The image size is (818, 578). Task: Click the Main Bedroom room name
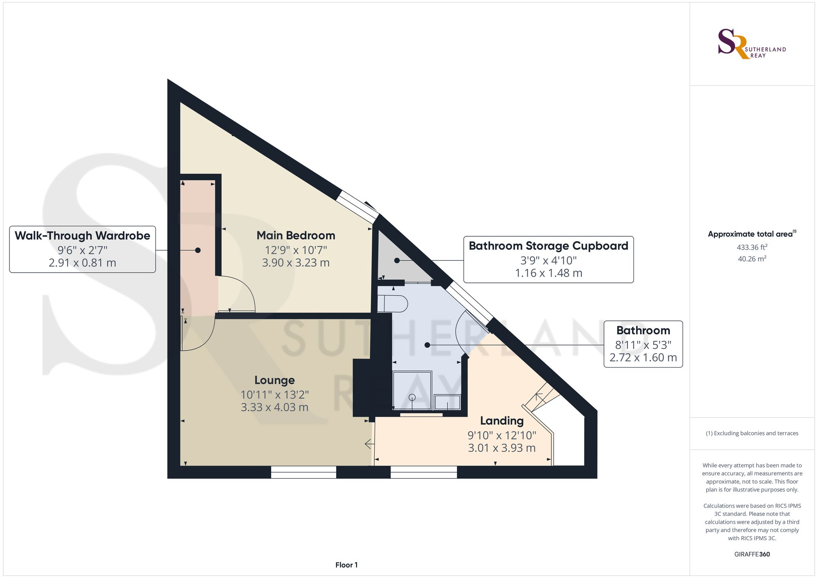click(296, 235)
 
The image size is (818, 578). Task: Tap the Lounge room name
click(274, 380)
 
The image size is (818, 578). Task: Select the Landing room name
click(502, 421)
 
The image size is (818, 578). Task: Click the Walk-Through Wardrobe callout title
click(82, 236)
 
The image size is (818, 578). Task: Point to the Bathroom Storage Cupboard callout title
click(548, 246)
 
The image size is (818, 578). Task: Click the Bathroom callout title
click(643, 330)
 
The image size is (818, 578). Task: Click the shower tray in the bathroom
click(412, 390)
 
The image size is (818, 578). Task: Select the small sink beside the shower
click(447, 402)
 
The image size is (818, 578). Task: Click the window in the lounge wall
click(303, 472)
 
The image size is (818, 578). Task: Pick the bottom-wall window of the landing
click(424, 472)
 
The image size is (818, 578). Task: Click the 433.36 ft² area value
click(752, 247)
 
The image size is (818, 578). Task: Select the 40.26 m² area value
click(752, 259)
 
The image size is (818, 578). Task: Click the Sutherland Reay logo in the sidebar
click(752, 44)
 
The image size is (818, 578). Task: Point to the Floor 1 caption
click(346, 565)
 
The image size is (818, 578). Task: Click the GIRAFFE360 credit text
click(752, 554)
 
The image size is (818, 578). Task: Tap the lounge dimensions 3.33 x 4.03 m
click(274, 407)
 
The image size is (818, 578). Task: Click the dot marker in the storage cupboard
click(397, 260)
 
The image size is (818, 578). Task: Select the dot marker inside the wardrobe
click(198, 250)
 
